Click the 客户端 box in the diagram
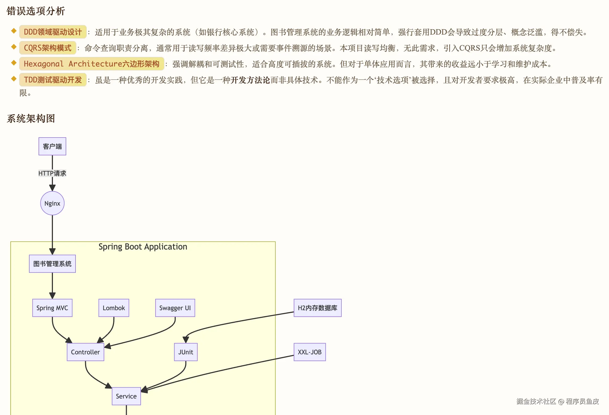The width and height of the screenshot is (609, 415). coord(52,146)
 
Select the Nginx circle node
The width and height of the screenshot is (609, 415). coord(52,203)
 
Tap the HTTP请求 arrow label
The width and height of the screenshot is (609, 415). coord(52,173)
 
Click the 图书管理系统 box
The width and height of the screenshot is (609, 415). coord(52,264)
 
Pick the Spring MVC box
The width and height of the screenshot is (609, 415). coord(52,308)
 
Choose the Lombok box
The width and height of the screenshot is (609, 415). coord(114,308)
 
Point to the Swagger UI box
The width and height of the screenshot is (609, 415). coord(175,308)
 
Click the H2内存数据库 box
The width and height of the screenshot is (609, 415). coord(318,308)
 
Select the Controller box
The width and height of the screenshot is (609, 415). coord(85,352)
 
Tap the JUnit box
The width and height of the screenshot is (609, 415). coord(186,352)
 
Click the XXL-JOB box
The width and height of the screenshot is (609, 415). coord(310,352)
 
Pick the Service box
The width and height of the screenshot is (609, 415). coord(126,396)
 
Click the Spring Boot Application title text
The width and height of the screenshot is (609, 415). coord(143,247)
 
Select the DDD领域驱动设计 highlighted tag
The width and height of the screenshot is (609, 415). coord(53,32)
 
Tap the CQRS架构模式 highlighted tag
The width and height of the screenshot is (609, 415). coord(48,48)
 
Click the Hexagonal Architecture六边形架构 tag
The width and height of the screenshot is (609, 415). coord(91,64)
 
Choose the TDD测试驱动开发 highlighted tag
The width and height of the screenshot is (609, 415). coord(53,80)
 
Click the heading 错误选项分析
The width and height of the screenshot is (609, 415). coord(36,11)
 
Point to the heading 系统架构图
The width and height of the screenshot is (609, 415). coord(31,119)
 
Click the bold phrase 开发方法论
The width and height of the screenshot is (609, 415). coord(250,80)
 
